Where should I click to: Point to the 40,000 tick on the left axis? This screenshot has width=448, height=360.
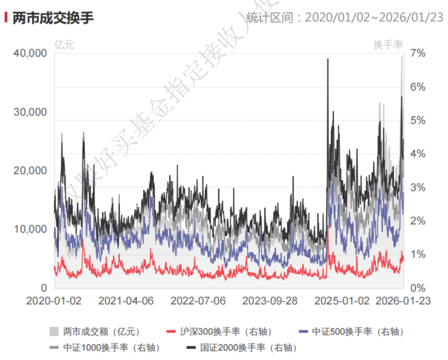pos(30,53)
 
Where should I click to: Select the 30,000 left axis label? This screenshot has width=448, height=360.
pos(30,112)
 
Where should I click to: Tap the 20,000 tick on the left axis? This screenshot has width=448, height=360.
pos(30,171)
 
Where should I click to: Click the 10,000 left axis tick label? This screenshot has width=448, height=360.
pos(30,229)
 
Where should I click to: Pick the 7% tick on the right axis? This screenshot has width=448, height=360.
pos(419,53)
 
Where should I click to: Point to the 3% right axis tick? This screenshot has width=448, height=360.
pos(419,187)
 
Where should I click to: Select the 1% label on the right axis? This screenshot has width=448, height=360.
pos(419,254)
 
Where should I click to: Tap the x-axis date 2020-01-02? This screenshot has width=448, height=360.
pos(54,301)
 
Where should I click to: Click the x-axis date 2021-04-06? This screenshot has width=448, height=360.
pos(126,301)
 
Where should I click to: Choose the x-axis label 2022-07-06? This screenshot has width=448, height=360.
pos(198,301)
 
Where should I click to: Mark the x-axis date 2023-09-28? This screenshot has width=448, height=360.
pos(270,301)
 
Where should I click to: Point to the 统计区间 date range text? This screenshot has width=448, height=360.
pos(347,16)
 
